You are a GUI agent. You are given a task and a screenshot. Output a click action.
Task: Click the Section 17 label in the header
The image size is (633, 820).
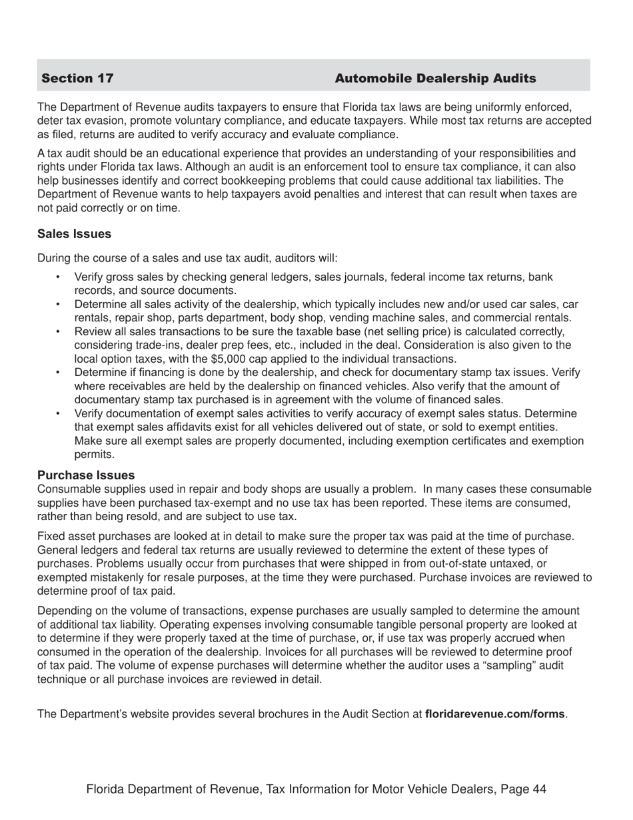click(77, 79)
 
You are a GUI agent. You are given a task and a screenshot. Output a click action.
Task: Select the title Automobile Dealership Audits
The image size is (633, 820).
click(435, 79)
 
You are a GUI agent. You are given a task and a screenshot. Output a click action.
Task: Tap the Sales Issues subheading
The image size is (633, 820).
click(74, 234)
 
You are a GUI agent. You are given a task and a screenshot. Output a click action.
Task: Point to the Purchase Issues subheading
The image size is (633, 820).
click(86, 475)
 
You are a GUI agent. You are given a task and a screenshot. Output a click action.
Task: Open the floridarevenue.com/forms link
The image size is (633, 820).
click(495, 714)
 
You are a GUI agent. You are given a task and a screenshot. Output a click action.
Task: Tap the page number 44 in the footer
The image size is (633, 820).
click(540, 789)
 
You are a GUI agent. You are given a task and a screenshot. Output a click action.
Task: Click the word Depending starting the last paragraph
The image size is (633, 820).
click(66, 611)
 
